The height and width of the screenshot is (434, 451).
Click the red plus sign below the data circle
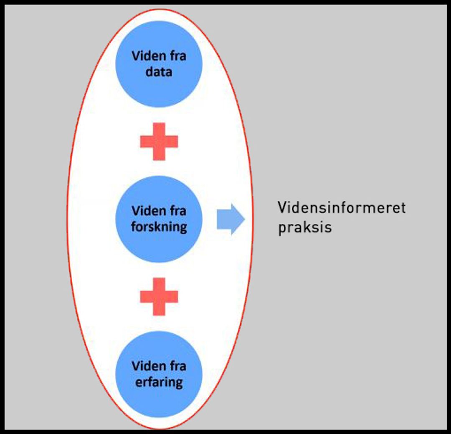click(159, 141)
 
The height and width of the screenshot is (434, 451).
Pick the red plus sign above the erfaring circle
click(159, 296)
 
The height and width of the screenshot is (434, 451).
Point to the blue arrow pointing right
click(230, 220)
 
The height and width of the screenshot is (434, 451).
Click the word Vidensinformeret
click(342, 208)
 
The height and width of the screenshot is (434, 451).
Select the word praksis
click(305, 228)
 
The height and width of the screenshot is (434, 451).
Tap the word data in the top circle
click(159, 71)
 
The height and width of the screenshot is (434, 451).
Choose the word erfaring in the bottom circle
click(159, 382)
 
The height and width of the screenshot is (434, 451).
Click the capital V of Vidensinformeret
click(282, 208)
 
